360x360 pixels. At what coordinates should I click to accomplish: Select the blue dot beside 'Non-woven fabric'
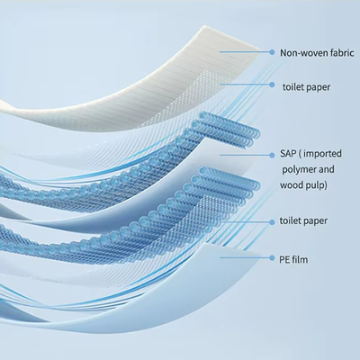(272, 52)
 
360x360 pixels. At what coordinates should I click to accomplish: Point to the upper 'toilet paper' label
(306, 87)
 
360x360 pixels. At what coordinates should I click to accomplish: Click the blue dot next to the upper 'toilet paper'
(272, 85)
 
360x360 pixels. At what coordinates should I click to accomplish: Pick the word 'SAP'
(288, 154)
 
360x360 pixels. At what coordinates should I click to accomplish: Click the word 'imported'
(322, 154)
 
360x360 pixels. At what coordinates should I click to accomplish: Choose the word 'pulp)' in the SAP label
(317, 185)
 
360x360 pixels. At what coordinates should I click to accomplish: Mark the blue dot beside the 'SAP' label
(272, 155)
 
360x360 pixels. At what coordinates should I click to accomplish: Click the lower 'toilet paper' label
(303, 221)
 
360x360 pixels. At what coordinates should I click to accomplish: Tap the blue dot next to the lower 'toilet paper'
(272, 222)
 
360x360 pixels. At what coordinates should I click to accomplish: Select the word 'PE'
(285, 259)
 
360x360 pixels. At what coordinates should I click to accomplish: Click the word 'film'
(301, 259)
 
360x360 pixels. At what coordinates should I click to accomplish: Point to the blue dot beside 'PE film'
(272, 257)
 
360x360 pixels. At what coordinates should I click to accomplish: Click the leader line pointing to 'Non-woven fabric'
(245, 52)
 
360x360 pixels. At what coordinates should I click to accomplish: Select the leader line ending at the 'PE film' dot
(245, 257)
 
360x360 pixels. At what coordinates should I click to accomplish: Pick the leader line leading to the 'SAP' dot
(245, 155)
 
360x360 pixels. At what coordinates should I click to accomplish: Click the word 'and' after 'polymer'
(326, 169)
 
